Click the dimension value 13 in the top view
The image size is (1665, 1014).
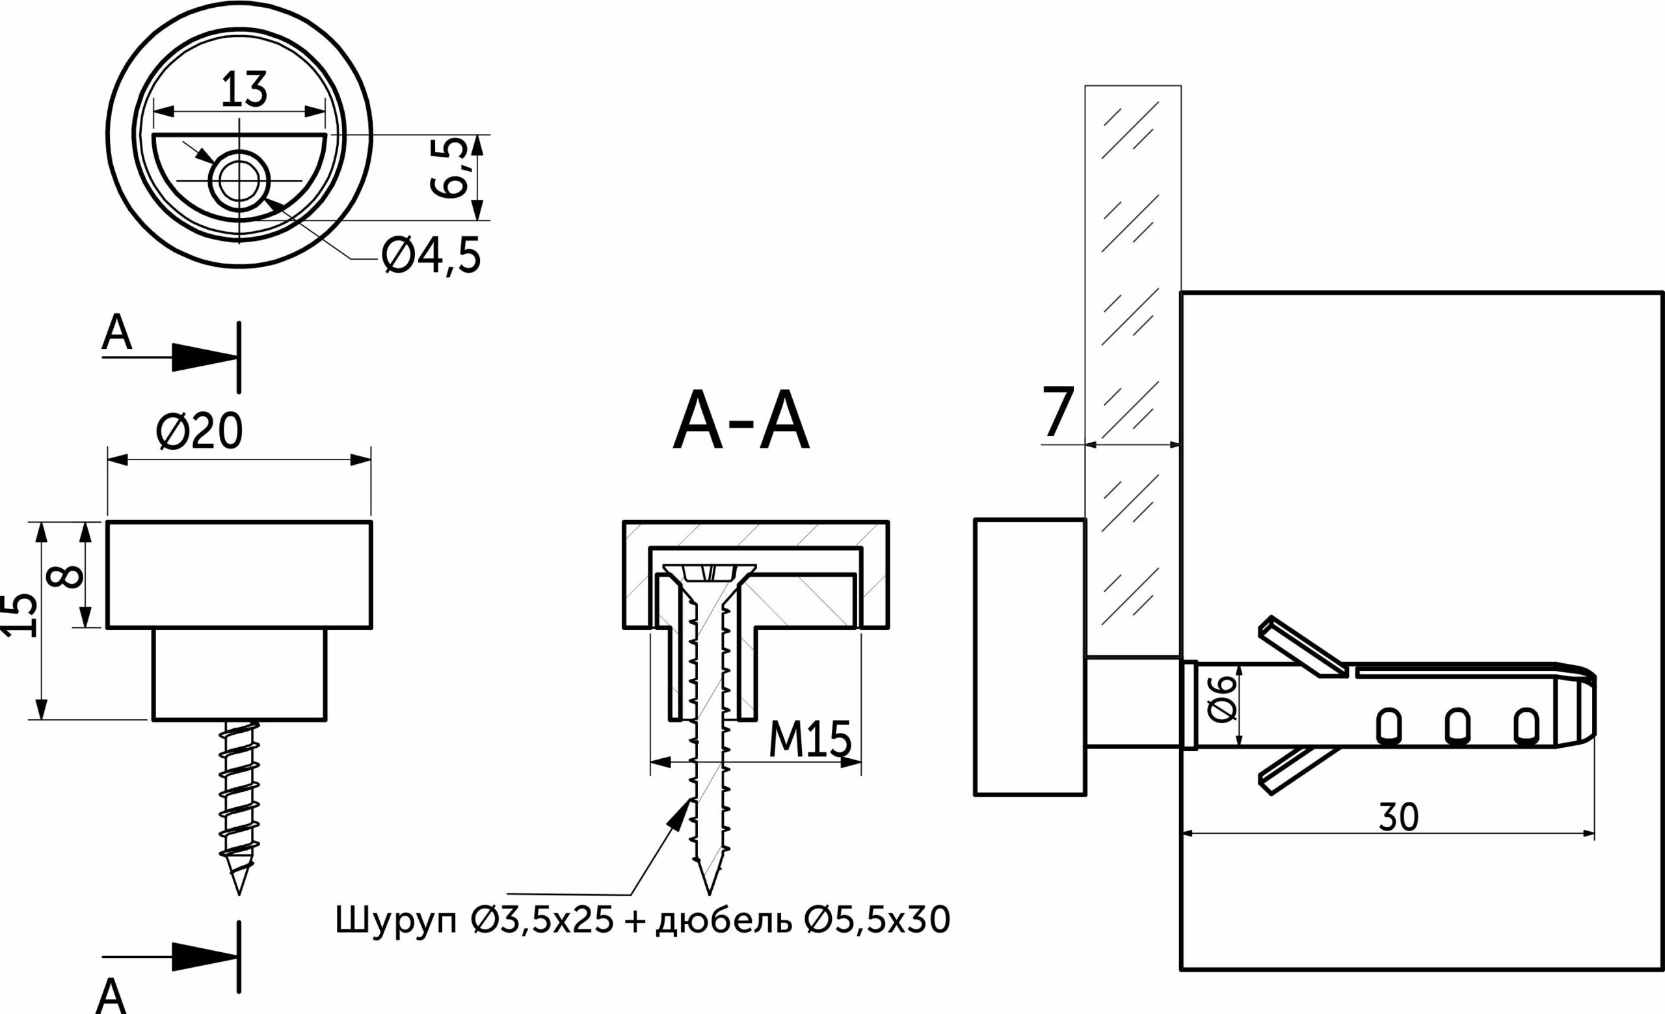click(244, 90)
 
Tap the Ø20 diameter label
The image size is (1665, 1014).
click(199, 433)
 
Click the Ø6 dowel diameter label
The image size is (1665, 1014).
click(1222, 700)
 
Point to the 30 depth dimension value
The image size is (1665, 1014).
click(1398, 817)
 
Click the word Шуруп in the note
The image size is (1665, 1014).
click(396, 921)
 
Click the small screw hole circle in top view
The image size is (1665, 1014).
click(239, 180)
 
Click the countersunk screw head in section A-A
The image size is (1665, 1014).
click(709, 574)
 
